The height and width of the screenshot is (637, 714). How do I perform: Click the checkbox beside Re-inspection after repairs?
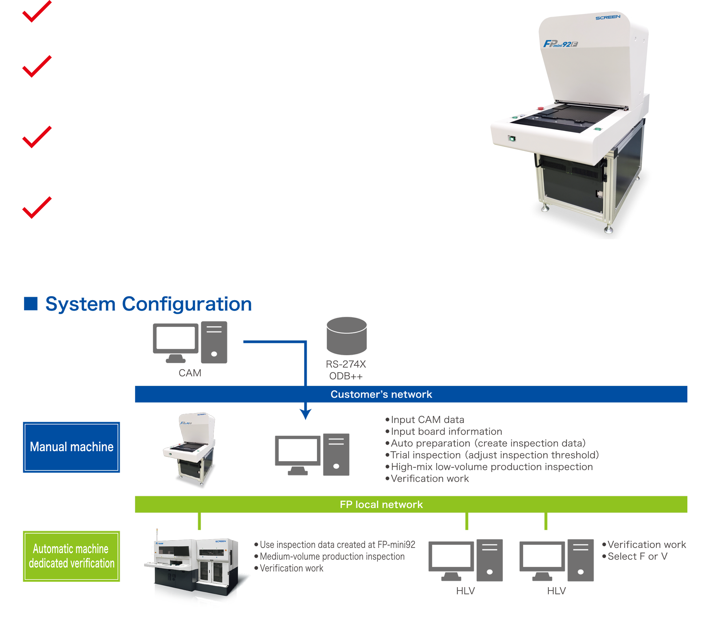click(35, 16)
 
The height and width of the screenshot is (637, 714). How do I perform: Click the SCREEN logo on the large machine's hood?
click(608, 17)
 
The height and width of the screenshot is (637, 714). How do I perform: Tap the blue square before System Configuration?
click(31, 304)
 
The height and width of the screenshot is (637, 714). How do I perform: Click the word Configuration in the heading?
click(187, 304)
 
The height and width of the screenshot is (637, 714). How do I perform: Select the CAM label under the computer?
click(190, 373)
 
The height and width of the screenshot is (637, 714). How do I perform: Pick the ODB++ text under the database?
click(346, 376)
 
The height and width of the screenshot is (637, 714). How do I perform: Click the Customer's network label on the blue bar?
click(381, 395)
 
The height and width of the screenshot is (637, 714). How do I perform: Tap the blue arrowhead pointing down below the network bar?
click(305, 414)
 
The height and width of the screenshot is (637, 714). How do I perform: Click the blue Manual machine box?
click(71, 447)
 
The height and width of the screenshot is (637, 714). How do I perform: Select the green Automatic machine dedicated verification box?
click(71, 556)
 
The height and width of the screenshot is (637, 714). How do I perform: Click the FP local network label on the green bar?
click(381, 504)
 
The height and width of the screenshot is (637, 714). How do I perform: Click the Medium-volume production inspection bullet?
click(332, 556)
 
